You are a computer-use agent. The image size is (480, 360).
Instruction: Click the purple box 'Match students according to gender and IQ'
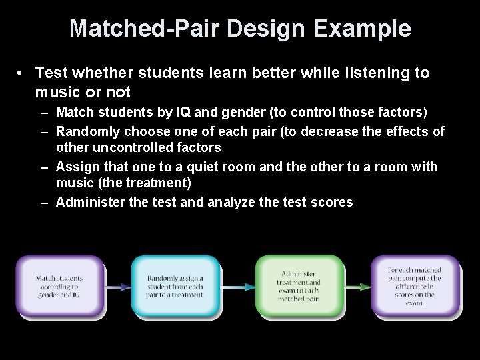60,287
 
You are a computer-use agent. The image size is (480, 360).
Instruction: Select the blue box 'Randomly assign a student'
175,287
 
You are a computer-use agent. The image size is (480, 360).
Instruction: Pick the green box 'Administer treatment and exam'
299,287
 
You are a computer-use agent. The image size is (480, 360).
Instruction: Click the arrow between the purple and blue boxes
117,287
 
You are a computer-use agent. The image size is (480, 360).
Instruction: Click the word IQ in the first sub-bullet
184,111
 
